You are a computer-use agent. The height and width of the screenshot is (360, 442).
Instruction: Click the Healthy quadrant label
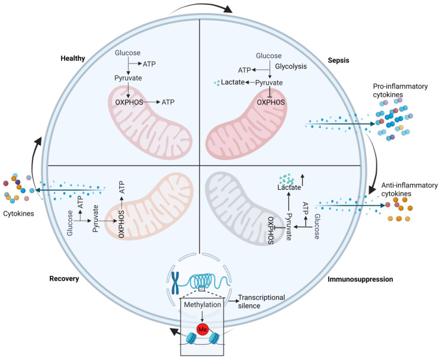73,58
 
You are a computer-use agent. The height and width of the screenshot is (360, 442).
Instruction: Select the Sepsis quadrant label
338,60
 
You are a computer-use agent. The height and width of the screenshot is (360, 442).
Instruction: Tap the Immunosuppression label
360,279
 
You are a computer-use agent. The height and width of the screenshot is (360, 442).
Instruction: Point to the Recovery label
64,279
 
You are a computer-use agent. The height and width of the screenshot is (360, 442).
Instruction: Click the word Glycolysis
291,66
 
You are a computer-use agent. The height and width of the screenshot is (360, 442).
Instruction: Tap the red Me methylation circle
203,329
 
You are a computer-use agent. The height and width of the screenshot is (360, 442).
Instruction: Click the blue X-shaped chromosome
175,283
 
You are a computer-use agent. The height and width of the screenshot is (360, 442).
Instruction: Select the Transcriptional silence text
261,302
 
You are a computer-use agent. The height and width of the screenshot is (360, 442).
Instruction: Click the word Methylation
203,305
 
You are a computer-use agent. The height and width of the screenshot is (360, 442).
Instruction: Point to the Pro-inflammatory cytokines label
401,90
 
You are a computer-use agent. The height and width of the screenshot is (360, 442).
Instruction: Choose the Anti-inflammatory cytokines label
409,189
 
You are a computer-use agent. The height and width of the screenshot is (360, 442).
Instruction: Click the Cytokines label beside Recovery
18,214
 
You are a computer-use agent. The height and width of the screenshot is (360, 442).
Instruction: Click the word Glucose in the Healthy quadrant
127,53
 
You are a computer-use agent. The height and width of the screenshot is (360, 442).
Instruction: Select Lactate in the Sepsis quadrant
233,82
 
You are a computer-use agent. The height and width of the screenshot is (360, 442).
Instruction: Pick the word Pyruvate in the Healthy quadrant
128,78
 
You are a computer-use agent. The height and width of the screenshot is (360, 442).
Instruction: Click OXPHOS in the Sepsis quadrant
271,102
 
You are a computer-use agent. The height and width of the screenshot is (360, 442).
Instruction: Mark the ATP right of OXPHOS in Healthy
168,102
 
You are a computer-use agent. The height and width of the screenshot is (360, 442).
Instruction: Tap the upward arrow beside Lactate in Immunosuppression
303,180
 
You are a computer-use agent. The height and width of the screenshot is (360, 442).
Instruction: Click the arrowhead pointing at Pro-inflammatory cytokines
373,123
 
